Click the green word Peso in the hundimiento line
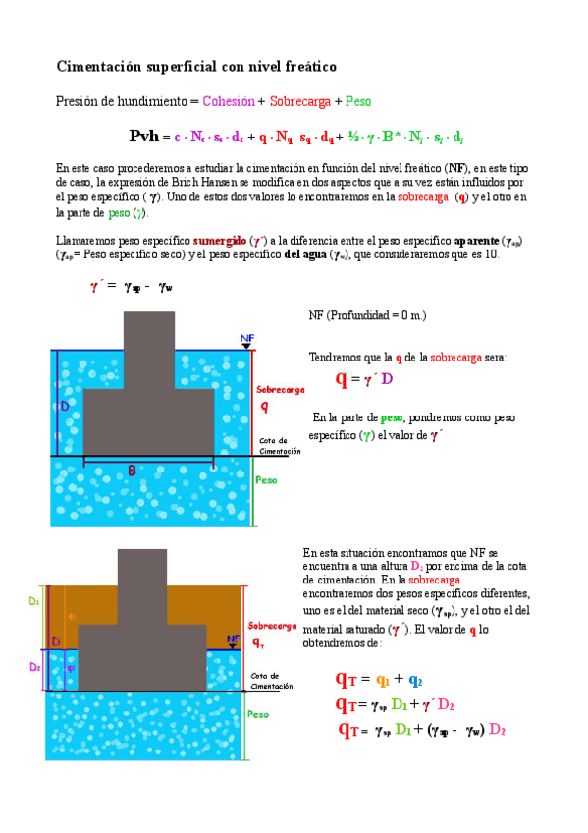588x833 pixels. coord(357,101)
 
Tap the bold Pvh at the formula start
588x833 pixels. coord(143,137)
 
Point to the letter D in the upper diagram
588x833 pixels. coord(65,405)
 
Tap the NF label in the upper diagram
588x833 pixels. coord(247,337)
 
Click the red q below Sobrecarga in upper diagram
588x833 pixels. coord(264,407)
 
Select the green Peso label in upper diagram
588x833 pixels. coord(265,481)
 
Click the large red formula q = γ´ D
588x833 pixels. coord(363,379)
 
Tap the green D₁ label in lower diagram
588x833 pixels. coord(34,598)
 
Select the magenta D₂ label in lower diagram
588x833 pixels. coord(34,666)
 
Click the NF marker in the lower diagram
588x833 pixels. coord(233,639)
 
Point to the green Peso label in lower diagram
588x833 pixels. coord(258,714)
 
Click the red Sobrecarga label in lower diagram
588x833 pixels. coord(268,626)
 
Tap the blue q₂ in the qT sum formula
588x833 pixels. coord(415,680)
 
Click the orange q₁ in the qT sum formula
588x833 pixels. coord(383,680)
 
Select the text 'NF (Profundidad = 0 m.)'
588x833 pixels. coord(367,316)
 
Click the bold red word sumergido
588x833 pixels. coord(220,240)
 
